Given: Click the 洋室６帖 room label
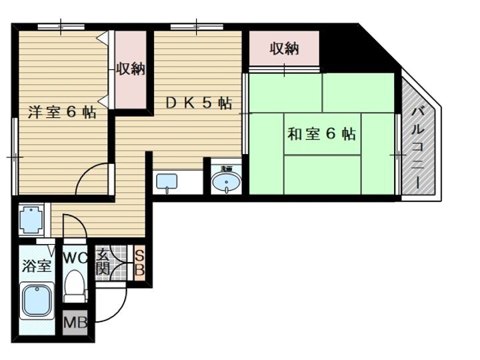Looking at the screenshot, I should pos(61,112).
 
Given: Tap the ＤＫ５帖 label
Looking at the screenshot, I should pos(198,103).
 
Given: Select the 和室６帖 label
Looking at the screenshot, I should pos(321,134).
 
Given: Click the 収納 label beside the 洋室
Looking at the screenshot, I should pos(131,69).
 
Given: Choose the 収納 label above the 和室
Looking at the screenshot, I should pos(284,49).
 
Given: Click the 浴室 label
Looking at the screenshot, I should pos(37,266).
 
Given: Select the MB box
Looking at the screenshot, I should pos(75,324).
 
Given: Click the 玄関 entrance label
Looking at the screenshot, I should pos(103,263).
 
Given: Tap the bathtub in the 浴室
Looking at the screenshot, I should pos(37,301).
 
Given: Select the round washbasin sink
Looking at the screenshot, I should pos(227,181).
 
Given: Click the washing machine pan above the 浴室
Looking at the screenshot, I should pos(32,219).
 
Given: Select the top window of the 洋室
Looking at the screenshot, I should pos(61,27).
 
